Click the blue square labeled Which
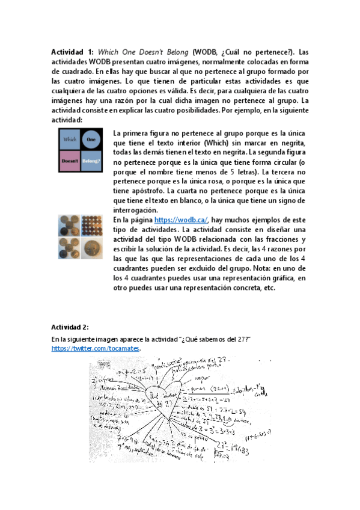click(x=70, y=140)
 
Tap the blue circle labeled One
click(x=91, y=140)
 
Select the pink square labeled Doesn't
click(x=70, y=161)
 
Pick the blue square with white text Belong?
click(x=91, y=161)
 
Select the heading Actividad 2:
click(x=70, y=327)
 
